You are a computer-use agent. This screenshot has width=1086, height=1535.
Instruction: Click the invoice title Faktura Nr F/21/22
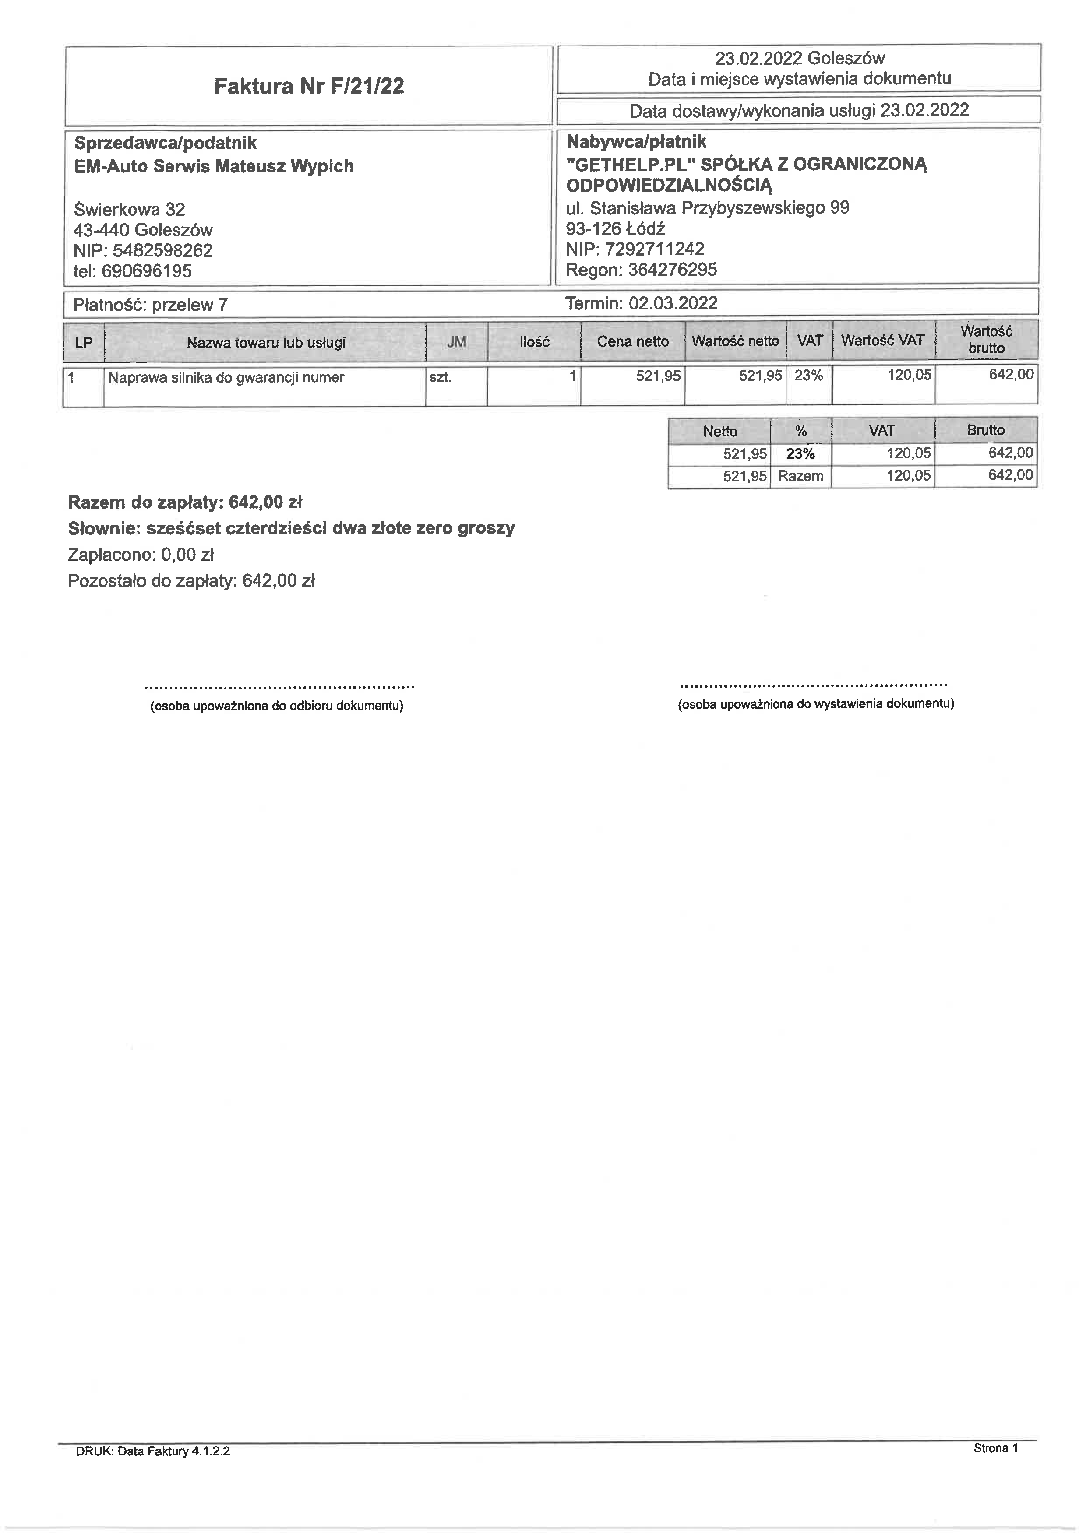pyautogui.click(x=309, y=86)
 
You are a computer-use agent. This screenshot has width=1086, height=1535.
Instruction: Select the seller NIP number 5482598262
pyautogui.click(x=162, y=251)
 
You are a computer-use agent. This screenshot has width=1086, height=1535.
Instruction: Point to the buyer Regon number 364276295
pyautogui.click(x=672, y=270)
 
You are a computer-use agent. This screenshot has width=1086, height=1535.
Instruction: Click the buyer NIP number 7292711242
pyautogui.click(x=655, y=249)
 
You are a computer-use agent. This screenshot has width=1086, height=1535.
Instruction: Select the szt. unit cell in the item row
pyautogui.click(x=440, y=377)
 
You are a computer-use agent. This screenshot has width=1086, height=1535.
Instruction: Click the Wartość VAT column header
pyautogui.click(x=882, y=340)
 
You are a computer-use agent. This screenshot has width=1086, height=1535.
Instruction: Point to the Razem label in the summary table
pyautogui.click(x=800, y=476)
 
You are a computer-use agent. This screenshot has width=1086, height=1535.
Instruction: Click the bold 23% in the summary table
pyautogui.click(x=800, y=454)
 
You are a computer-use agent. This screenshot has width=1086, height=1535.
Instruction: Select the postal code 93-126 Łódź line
pyautogui.click(x=615, y=228)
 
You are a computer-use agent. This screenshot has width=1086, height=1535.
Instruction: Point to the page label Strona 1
pyautogui.click(x=995, y=1467)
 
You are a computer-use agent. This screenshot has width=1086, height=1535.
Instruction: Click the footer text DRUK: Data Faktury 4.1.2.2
pyautogui.click(x=153, y=1469)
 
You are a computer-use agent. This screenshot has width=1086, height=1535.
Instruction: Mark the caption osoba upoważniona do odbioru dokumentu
pyautogui.click(x=277, y=706)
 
